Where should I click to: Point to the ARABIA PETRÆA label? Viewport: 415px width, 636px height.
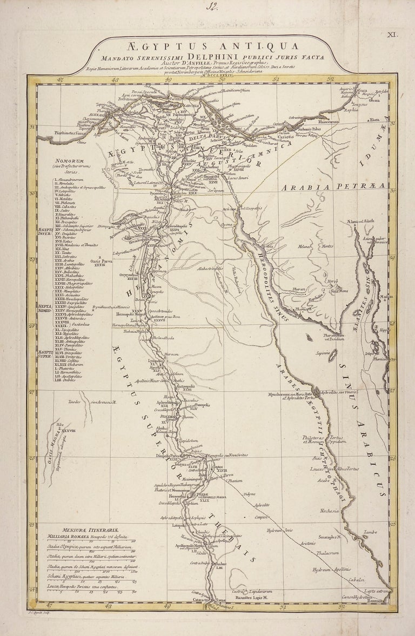pyautogui.click(x=333, y=186)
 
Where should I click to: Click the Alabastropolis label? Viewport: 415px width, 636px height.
pyautogui.click(x=210, y=268)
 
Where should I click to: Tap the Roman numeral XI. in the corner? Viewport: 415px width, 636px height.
pyautogui.click(x=392, y=35)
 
